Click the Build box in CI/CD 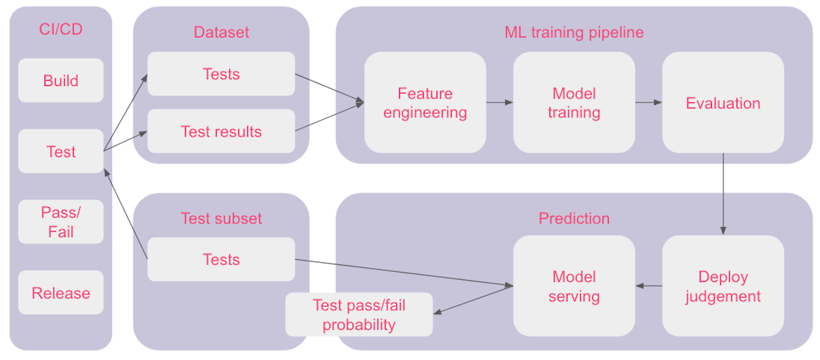point(61,81)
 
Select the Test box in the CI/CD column point(61,152)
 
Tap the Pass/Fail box point(61,222)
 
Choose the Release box point(61,293)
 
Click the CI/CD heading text point(61,31)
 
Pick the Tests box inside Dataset point(221,74)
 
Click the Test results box point(221,131)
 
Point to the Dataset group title point(221,32)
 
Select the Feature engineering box point(425,102)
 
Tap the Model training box point(574,102)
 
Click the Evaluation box point(723,102)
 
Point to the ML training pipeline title point(574,32)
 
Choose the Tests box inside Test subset point(221,260)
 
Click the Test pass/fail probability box point(359,315)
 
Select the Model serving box point(574,286)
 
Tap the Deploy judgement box point(723,286)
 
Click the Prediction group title point(574,219)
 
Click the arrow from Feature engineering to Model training point(500,102)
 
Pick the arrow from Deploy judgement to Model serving point(648,286)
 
